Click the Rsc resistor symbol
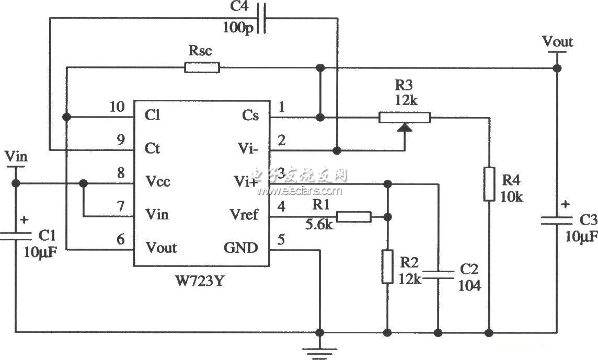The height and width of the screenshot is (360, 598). [x=202, y=67]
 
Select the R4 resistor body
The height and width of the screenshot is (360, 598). [x=489, y=184]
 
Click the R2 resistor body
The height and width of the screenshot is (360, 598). [x=387, y=266]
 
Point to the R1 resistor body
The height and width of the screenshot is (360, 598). [x=354, y=216]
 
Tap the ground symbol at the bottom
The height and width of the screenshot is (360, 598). [x=319, y=351]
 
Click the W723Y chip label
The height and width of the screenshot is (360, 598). [x=202, y=283]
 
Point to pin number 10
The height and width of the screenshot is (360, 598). [x=117, y=107]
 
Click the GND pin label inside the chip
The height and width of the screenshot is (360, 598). [x=240, y=247]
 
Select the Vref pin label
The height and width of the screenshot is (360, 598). [x=244, y=215]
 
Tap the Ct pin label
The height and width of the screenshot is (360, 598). [x=153, y=149]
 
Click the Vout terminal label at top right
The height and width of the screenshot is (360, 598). [x=557, y=41]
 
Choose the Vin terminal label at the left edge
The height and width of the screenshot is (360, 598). [x=16, y=156]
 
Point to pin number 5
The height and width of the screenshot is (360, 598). [x=281, y=240]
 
